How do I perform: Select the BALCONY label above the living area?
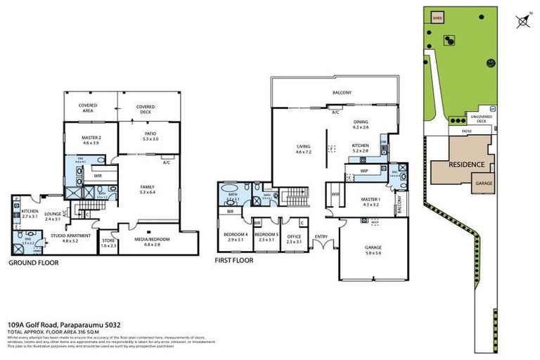click(342, 93)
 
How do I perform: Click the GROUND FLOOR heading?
click(34, 263)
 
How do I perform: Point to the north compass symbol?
click(522, 22)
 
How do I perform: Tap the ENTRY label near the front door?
click(321, 236)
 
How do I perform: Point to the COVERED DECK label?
click(146, 110)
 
